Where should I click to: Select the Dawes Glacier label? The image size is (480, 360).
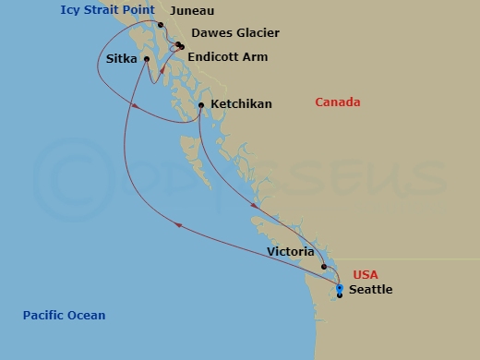pyautogui.click(x=234, y=34)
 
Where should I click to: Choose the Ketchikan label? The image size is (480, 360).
pyautogui.click(x=241, y=104)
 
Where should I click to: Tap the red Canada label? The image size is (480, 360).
pyautogui.click(x=338, y=102)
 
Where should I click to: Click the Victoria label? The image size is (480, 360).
pyautogui.click(x=291, y=251)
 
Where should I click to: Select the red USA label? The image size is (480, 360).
pyautogui.click(x=366, y=275)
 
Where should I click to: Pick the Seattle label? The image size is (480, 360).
pyautogui.click(x=370, y=290)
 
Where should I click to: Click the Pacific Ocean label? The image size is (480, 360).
pyautogui.click(x=65, y=316)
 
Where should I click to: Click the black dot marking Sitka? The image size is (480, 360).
pyautogui.click(x=146, y=60)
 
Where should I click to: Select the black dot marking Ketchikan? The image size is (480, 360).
pyautogui.click(x=201, y=105)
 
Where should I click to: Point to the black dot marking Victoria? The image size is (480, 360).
pyautogui.click(x=324, y=268)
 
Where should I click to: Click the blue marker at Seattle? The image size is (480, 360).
pyautogui.click(x=340, y=289)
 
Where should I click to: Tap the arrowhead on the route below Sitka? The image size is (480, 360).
pyautogui.click(x=136, y=105)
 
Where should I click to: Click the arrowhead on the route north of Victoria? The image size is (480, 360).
pyautogui.click(x=253, y=206)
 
